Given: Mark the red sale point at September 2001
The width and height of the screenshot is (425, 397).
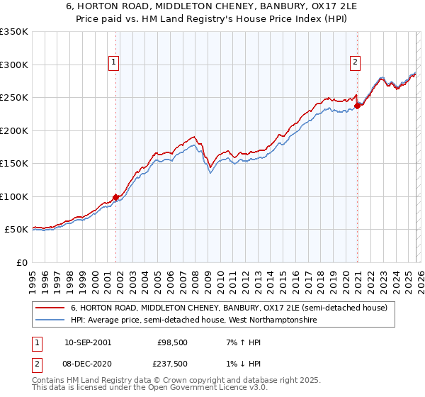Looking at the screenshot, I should [115, 197].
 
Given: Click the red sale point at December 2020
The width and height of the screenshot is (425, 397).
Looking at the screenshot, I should [357, 106].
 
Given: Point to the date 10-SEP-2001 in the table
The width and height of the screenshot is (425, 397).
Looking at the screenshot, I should [87, 342].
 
